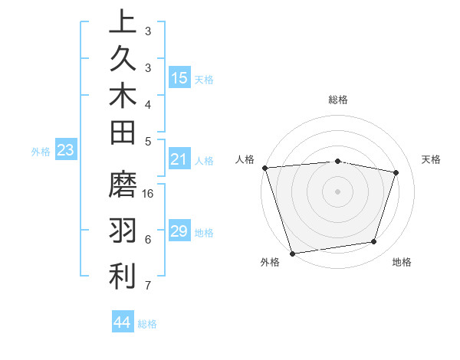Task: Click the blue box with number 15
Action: point(179,77)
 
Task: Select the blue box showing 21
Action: point(179,159)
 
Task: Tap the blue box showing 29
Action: point(179,231)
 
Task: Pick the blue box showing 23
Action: point(66,150)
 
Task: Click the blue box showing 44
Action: point(123,322)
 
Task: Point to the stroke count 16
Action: point(149,195)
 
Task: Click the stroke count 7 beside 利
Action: point(147,286)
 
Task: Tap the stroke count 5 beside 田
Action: point(147,142)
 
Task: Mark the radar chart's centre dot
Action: point(337,191)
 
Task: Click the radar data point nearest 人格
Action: point(264,168)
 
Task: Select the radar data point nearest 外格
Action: point(292,253)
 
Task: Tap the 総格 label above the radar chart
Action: point(337,100)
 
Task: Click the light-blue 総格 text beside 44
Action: point(147,324)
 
